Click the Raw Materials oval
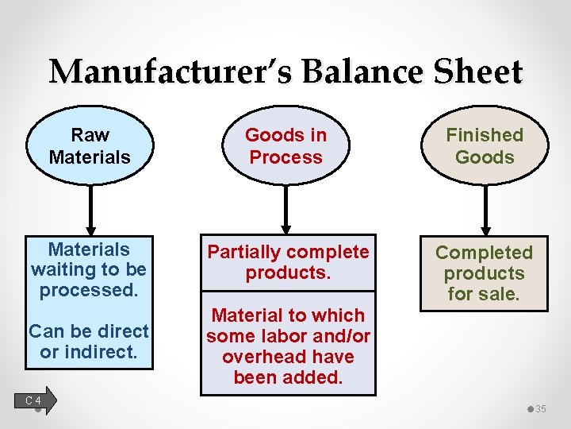point(89,146)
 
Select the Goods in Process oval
point(285,146)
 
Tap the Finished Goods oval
point(485,146)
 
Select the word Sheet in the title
point(478,72)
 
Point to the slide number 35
point(541,409)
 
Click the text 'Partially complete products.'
point(287,263)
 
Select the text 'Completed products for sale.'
point(484,273)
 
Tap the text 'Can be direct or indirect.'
point(88,341)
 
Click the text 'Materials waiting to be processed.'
point(88,269)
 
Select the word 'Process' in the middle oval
point(285,157)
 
